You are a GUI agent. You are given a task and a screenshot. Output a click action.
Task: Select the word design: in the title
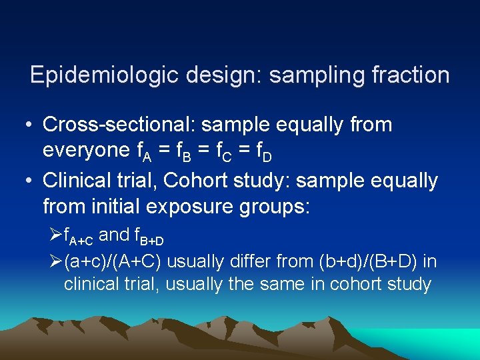[213, 75]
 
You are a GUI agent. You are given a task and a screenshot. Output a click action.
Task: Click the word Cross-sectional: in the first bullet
[120, 124]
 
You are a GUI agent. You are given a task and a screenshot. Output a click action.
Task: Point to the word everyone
[83, 151]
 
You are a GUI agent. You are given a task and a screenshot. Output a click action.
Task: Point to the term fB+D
[149, 236]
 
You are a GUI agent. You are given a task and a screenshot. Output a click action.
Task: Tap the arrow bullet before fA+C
[55, 235]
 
